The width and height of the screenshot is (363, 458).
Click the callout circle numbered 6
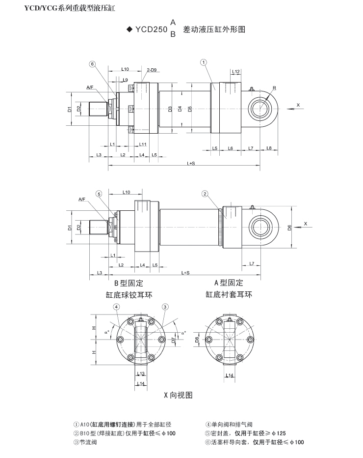[x=92, y=63]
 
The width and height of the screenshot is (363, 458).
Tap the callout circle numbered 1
[x=203, y=62]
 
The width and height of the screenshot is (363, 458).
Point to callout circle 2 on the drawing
[x=205, y=194]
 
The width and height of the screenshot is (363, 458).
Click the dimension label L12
[x=235, y=72]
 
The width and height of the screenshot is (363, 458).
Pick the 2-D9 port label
[x=151, y=70]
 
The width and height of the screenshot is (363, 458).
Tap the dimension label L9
[x=125, y=80]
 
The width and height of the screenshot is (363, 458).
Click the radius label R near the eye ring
[x=274, y=88]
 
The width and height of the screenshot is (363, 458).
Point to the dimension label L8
[x=269, y=148]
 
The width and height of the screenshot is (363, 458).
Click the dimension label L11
[x=143, y=144]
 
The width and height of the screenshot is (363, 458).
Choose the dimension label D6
[x=289, y=227]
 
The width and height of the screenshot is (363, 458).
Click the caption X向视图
[x=178, y=395]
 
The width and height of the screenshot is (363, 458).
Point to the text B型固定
[x=129, y=284]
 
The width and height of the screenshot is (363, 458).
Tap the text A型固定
[x=229, y=283]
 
